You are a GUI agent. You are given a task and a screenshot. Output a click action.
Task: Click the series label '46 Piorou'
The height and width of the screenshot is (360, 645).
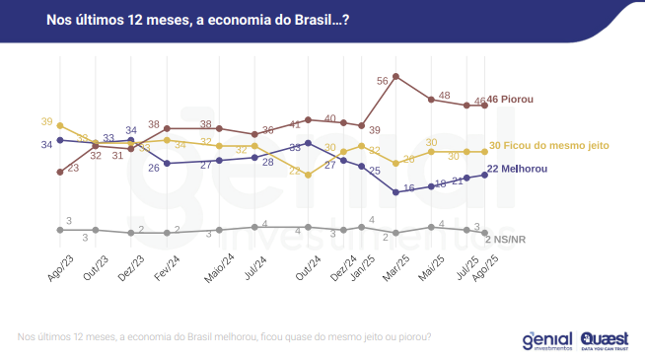[511, 101]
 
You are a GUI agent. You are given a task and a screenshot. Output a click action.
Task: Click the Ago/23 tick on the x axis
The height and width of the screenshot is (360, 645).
[58, 267]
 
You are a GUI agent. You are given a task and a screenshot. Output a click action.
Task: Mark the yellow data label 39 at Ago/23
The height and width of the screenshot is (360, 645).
[46, 121]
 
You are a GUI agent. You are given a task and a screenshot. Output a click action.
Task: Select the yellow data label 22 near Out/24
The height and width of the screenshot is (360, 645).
[295, 171]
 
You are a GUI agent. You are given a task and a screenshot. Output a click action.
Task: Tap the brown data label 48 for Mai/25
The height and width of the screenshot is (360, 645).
[445, 96]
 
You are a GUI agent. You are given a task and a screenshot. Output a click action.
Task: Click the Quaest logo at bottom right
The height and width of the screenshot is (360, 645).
[600, 340]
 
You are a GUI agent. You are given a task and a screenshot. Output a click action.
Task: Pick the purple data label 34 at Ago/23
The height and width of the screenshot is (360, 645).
[46, 144]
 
